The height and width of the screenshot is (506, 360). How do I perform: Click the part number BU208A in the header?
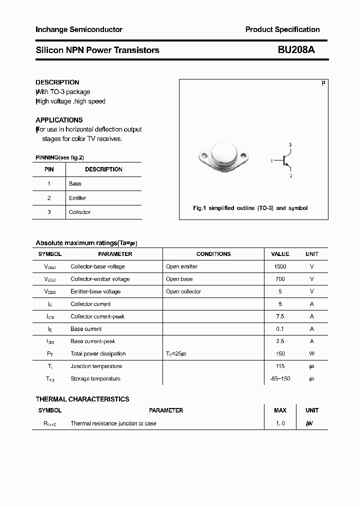(296, 50)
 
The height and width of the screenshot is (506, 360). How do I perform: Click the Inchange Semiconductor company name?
(79, 29)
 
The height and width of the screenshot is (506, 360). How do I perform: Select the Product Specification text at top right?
(282, 29)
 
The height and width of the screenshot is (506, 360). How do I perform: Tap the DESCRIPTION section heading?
(57, 82)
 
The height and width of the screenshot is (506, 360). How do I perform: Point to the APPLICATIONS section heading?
(59, 120)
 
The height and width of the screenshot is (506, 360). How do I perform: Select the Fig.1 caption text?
(250, 208)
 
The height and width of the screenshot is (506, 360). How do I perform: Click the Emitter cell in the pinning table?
(77, 198)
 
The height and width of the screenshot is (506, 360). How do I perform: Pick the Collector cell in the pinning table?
(79, 212)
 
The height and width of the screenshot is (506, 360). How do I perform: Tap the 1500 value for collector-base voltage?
(280, 266)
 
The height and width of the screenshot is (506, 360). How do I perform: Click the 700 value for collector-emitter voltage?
(280, 279)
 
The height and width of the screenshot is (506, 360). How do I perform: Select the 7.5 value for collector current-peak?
(280, 316)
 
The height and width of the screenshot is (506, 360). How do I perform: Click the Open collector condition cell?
(183, 291)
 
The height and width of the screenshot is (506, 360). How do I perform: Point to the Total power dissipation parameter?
(98, 354)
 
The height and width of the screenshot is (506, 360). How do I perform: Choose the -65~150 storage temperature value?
(280, 379)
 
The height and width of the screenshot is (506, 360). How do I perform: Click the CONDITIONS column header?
(213, 254)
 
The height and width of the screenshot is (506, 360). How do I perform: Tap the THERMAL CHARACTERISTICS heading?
(82, 399)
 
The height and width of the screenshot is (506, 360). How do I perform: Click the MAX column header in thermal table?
(280, 410)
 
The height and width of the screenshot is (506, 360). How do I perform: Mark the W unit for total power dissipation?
(312, 354)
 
